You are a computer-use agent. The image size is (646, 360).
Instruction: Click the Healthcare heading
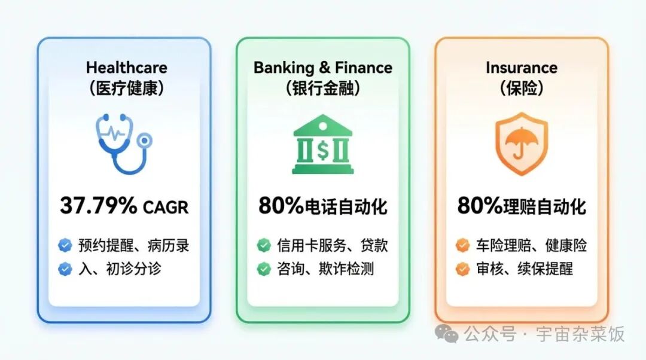(126, 68)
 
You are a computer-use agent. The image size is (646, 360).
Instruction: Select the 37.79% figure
(99, 206)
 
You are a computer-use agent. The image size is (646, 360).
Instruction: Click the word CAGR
(165, 207)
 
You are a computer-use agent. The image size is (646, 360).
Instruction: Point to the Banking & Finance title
(323, 68)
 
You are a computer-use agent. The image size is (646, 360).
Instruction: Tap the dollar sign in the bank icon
(323, 151)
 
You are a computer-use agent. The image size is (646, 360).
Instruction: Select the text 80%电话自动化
(323, 206)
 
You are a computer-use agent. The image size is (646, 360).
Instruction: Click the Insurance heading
(522, 68)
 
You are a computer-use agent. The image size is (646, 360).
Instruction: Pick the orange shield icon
(522, 144)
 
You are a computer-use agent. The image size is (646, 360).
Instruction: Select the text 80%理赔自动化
(522, 206)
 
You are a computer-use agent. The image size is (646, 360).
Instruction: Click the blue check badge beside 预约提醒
(65, 245)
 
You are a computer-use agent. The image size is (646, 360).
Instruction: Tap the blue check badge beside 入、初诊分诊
(65, 269)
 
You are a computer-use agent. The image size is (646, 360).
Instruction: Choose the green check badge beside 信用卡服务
(263, 245)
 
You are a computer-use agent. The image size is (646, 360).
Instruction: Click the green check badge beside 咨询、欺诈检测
(263, 269)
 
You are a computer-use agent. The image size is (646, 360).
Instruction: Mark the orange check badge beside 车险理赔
(462, 245)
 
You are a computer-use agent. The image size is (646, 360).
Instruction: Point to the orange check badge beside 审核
(462, 269)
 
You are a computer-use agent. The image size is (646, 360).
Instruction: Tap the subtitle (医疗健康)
(126, 89)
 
